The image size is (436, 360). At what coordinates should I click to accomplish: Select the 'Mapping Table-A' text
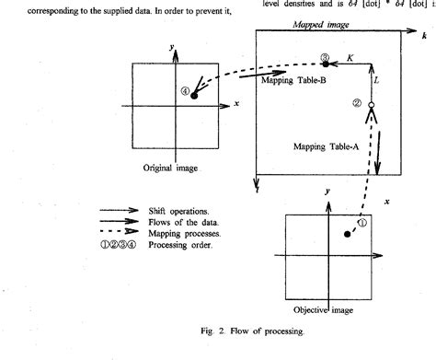coord(325,146)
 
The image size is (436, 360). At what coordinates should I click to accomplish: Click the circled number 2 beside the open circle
coord(356,104)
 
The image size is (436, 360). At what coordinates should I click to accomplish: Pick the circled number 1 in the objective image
coord(361,222)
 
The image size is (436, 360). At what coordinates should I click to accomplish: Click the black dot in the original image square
coord(194,96)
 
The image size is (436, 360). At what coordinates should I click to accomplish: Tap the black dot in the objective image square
coord(346,235)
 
